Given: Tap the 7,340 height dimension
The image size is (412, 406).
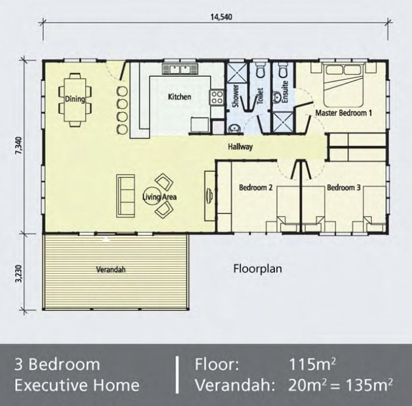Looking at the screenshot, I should (x=18, y=147).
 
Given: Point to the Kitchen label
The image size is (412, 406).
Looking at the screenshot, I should (x=179, y=97).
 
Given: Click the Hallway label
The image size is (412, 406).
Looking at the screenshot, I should (x=240, y=147).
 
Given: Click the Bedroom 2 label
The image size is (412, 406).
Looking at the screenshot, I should (x=255, y=188).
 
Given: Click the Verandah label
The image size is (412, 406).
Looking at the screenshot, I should (x=110, y=269).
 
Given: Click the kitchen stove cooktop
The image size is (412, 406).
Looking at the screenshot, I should (x=216, y=98).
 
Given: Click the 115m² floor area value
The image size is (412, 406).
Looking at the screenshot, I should (x=313, y=365).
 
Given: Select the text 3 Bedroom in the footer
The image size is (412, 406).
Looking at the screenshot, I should (x=57, y=365).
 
